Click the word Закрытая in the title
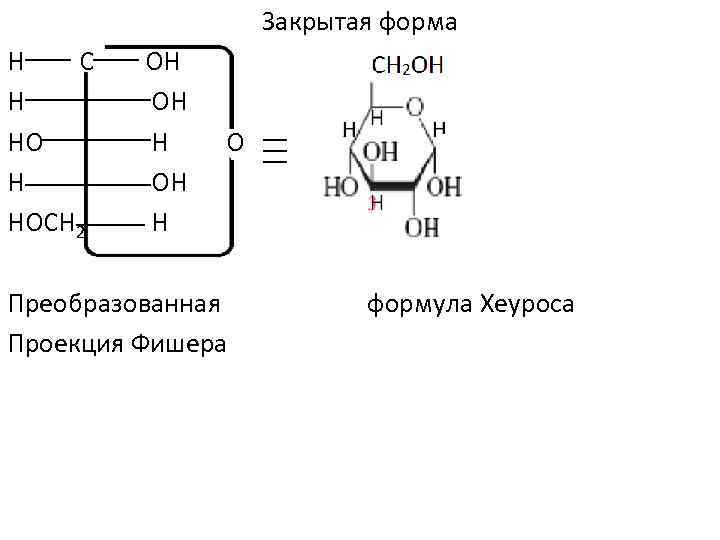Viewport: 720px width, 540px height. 310,22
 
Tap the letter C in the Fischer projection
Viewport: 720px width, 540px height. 87,62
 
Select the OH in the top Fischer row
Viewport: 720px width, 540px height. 162,62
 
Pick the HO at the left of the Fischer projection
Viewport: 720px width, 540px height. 25,143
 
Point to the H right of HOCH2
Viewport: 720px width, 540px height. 160,222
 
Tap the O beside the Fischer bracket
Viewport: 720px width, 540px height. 234,143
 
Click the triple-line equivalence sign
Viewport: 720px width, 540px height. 275,150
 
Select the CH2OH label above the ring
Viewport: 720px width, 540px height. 407,66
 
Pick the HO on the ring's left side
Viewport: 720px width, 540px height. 340,186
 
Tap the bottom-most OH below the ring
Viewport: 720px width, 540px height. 421,227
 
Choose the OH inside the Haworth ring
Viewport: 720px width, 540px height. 380,153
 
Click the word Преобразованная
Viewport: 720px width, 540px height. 113,303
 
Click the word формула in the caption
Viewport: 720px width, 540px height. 419,303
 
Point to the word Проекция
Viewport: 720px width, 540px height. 65,344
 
